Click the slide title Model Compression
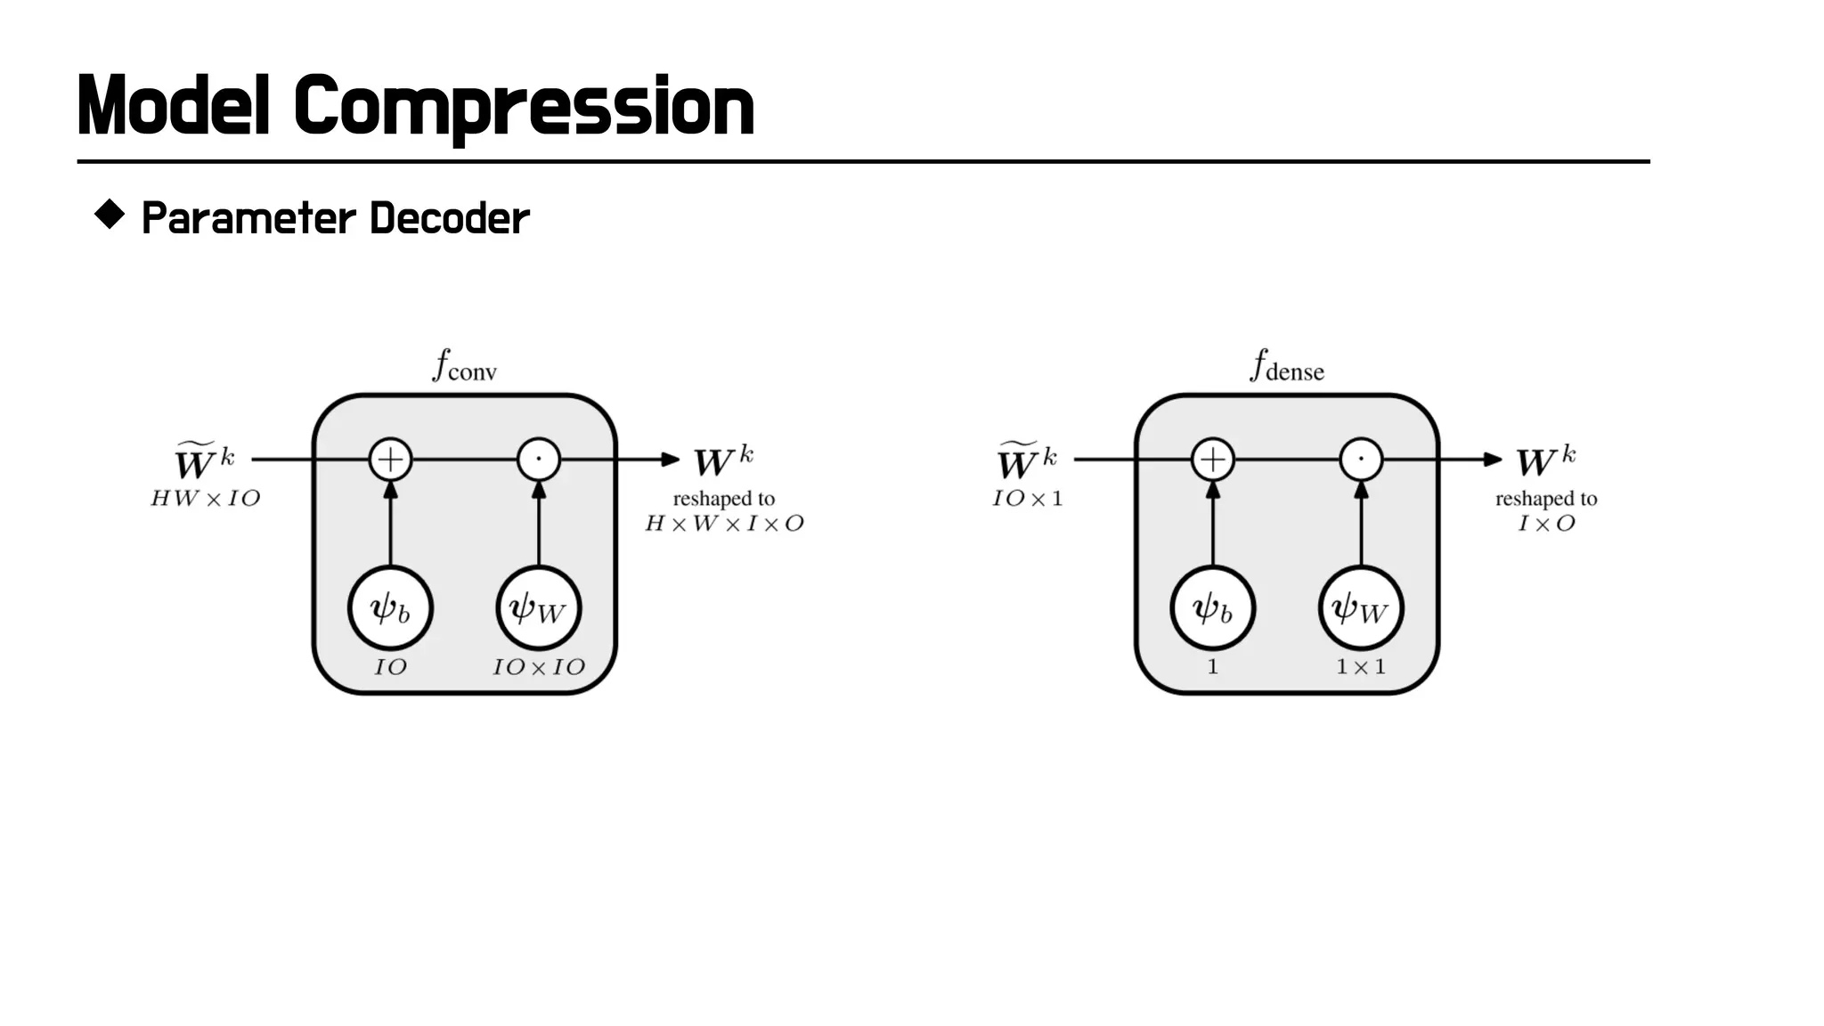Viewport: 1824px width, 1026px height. pos(415,107)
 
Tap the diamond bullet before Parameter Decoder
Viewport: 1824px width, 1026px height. pos(110,216)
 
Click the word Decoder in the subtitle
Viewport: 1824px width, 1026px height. pos(449,219)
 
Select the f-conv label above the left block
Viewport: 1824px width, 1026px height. pos(464,366)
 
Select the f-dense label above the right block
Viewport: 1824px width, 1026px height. pos(1287,366)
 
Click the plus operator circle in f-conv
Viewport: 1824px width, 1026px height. pos(390,460)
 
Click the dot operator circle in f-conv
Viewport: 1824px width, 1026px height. pos(539,460)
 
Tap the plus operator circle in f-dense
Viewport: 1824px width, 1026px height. pos(1212,460)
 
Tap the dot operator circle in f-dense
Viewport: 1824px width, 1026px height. pos(1361,460)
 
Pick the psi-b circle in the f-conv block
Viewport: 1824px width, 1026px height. pos(390,609)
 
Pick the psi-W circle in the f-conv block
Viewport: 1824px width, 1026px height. pos(539,609)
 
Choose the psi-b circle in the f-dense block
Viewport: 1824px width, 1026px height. pos(1212,609)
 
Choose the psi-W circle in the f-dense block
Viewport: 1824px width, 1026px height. pos(1361,609)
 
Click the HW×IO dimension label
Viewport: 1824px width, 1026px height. pos(206,499)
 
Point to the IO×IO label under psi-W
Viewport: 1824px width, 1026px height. pos(539,667)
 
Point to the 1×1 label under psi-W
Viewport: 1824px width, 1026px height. pos(1361,667)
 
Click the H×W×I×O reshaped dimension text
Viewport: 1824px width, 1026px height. pos(724,524)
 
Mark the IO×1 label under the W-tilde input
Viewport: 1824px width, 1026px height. pos(1028,499)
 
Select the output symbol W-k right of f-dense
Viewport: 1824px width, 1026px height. pos(1545,461)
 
